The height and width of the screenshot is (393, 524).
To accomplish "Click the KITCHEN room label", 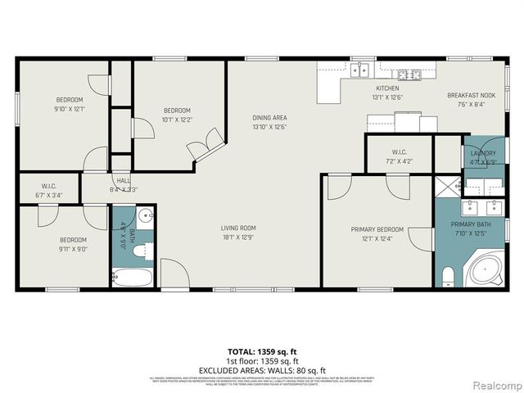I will (x=386, y=88).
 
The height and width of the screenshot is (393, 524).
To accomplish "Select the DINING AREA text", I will (x=269, y=118).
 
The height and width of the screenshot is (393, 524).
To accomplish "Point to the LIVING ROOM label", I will (x=238, y=228).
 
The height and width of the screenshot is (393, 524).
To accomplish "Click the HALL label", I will (x=123, y=180).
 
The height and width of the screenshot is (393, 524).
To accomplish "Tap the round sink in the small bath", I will (x=145, y=217).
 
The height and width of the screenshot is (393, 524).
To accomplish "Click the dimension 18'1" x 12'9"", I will (x=238, y=237).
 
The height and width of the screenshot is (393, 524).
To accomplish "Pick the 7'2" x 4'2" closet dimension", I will (x=399, y=160).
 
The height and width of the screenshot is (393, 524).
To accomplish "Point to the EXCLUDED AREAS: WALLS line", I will (x=261, y=370).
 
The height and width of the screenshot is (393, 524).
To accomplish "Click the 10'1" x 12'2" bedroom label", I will (x=177, y=120).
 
